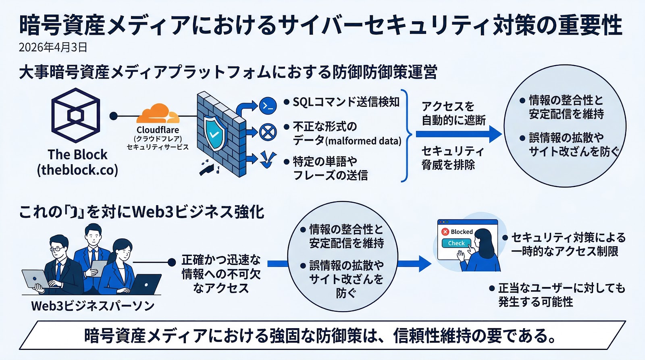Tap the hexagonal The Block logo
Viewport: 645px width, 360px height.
point(76,115)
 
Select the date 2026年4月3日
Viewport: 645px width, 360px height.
point(53,48)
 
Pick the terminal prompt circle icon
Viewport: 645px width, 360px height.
point(268,106)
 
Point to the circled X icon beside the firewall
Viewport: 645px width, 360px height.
point(268,132)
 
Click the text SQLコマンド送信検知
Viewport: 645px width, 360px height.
point(346,102)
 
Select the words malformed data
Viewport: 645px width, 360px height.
point(363,141)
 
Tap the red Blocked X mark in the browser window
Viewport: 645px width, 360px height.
point(445,232)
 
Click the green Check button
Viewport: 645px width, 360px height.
point(456,243)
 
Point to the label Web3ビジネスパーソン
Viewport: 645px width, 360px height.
point(93,306)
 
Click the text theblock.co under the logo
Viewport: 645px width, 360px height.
point(77,170)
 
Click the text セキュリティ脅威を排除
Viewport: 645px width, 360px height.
point(452,158)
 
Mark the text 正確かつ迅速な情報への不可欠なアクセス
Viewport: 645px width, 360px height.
point(221,274)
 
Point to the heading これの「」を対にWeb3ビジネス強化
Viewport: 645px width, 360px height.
point(141,212)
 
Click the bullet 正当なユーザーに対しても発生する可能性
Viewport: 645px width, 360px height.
point(560,295)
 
